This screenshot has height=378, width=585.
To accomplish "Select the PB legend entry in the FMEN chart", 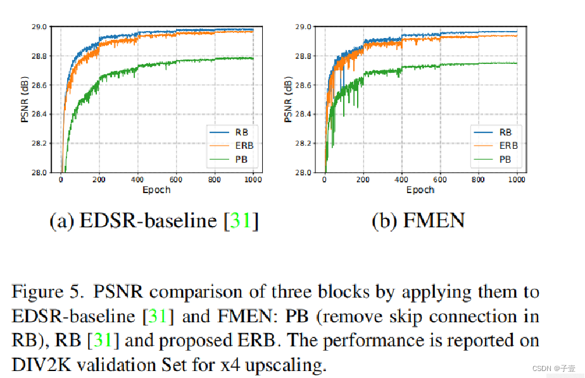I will pos(505,159).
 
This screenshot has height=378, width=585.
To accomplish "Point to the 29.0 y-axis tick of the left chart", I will pos(38,27).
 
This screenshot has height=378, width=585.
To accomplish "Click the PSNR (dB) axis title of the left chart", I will pos(25,99).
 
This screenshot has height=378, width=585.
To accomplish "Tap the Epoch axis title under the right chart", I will pos(420,190).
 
